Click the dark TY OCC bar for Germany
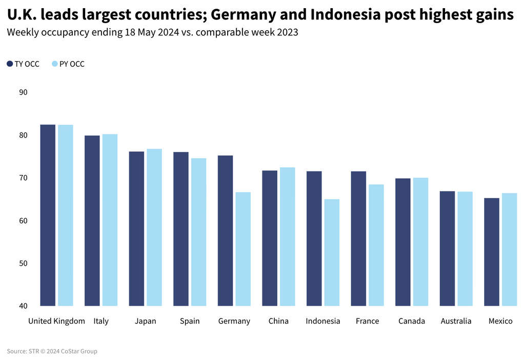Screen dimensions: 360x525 click(x=225, y=231)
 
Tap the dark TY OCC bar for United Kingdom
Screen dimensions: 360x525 click(x=48, y=215)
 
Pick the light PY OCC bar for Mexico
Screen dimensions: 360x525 click(x=509, y=249)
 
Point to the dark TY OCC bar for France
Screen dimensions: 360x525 click(x=358, y=238)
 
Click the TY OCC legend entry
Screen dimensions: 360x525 click(x=23, y=64)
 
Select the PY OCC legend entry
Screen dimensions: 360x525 click(x=68, y=64)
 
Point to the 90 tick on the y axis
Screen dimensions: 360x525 click(x=23, y=92)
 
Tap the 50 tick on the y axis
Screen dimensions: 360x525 click(x=23, y=264)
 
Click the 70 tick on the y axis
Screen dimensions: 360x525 click(x=23, y=178)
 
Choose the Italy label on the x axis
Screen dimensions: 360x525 click(x=101, y=321)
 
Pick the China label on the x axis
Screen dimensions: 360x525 click(x=278, y=321)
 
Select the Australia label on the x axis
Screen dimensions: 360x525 click(x=456, y=321)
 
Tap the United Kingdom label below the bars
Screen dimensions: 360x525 click(x=56, y=321)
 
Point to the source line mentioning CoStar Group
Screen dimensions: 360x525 click(x=52, y=351)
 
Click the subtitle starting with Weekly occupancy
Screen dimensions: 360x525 click(x=152, y=32)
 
